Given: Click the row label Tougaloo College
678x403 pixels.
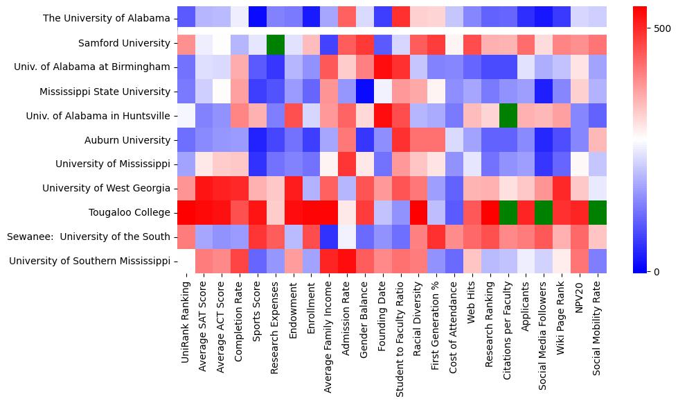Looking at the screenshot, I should (x=130, y=212).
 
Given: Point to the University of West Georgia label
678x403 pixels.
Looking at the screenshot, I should (x=106, y=188).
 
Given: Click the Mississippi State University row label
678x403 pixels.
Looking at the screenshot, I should (x=105, y=92).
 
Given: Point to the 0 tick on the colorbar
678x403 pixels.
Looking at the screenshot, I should (x=657, y=271).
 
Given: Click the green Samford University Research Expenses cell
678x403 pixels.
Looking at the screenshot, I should (x=276, y=43).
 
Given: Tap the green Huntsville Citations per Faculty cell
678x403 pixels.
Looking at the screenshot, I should (x=509, y=116).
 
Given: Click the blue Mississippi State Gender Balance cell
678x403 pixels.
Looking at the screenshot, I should (x=365, y=92).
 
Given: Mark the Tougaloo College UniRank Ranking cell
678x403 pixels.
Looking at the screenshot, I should (x=186, y=212).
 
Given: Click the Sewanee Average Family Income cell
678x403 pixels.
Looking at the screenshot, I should (x=329, y=237).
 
